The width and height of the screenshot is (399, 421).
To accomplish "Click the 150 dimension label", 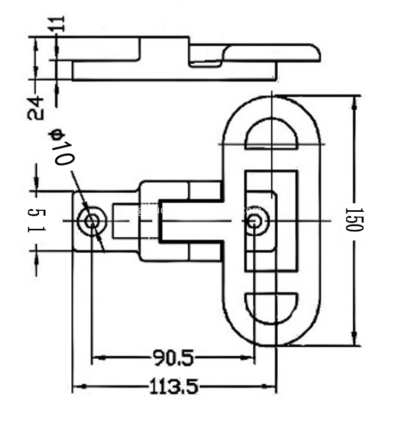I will [354, 219].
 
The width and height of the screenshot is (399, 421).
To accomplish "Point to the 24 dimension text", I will [36, 107].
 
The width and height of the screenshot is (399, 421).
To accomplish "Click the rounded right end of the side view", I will [314, 53].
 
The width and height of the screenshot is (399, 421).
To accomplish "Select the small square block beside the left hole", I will [126, 221].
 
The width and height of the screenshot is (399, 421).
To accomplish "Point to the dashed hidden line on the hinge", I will [159, 220].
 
